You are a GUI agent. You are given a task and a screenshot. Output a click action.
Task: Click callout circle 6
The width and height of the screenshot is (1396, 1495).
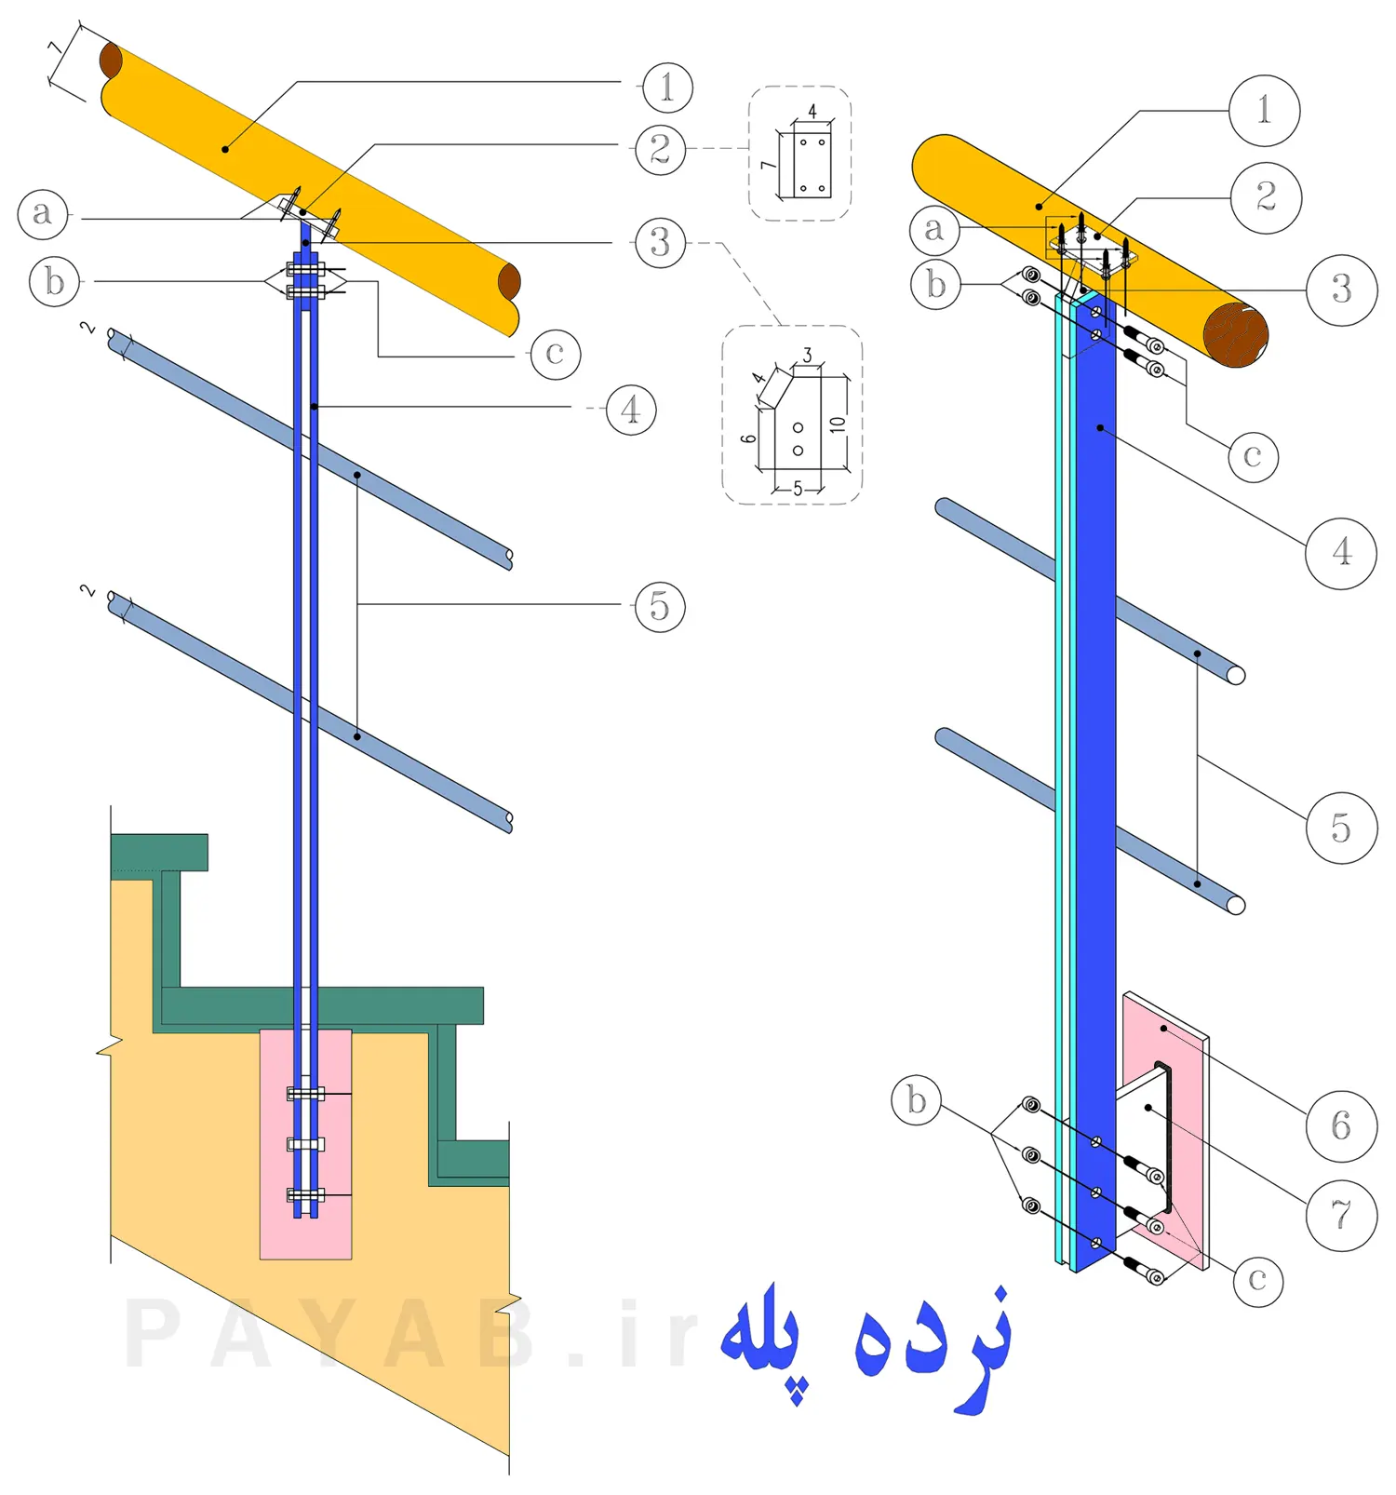click(x=1340, y=1126)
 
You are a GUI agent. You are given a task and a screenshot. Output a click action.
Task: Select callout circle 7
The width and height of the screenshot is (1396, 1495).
click(x=1341, y=1215)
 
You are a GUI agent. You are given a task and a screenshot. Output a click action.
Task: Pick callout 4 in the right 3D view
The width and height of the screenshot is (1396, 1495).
click(x=1340, y=553)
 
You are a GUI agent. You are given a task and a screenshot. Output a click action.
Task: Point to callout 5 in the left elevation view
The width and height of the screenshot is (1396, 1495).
click(x=660, y=606)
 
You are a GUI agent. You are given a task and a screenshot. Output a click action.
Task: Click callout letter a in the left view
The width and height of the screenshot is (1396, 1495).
click(x=43, y=213)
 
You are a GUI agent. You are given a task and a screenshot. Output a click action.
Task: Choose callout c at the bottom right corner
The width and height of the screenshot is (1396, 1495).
click(x=1257, y=1281)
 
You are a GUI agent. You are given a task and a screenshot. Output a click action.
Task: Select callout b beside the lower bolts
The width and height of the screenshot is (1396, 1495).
click(x=917, y=1100)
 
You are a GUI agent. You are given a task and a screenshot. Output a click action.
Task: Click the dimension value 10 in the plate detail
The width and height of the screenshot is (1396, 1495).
click(x=838, y=424)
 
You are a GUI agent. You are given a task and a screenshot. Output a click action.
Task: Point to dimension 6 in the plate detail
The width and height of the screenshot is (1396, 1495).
click(x=749, y=438)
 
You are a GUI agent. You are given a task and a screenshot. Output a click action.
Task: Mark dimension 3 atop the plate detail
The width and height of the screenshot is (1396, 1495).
click(x=807, y=356)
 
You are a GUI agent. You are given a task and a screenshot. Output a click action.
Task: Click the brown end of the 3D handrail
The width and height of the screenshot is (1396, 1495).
click(x=1235, y=334)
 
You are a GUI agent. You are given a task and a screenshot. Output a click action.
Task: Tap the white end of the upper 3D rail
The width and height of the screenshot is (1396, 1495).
click(x=1236, y=675)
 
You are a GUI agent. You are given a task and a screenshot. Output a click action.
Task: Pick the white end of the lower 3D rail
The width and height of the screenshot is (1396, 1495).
click(x=1236, y=904)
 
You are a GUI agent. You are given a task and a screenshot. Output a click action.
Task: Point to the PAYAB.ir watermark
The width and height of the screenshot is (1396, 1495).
click(x=409, y=1337)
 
